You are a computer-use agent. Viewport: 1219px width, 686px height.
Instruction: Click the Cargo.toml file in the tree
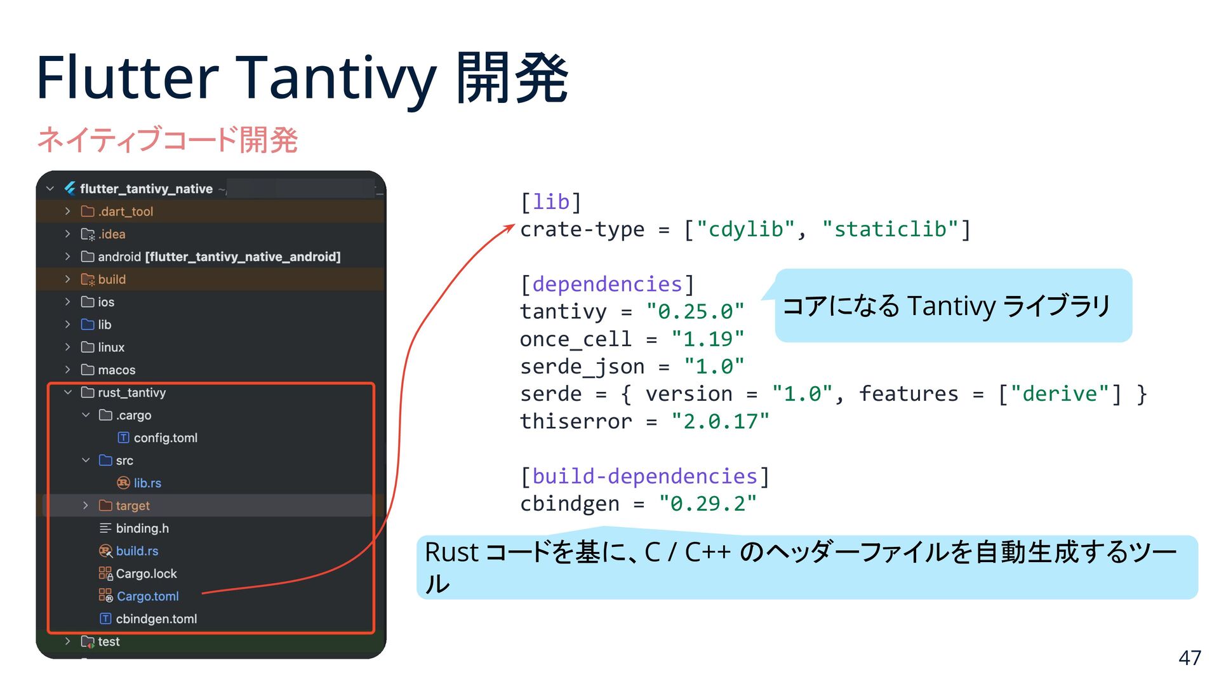[x=147, y=596]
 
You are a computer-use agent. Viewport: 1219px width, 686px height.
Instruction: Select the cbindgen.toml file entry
[x=156, y=619]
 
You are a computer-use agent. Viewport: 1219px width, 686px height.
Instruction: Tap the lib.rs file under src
[x=147, y=483]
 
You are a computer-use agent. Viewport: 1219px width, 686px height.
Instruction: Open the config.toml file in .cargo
[x=165, y=438]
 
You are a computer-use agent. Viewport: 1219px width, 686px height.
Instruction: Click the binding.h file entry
[x=142, y=528]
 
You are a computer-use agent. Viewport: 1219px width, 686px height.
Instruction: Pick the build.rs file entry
[x=137, y=551]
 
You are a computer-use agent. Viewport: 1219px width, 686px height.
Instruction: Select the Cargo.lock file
[x=146, y=574]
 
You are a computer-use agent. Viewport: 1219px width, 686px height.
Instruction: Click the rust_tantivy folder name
[x=131, y=393]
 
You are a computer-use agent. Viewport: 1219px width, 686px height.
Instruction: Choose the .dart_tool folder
[x=125, y=212]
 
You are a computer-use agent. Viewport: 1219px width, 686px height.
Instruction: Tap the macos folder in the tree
[x=116, y=370]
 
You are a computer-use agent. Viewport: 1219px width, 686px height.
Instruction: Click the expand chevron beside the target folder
[x=86, y=506]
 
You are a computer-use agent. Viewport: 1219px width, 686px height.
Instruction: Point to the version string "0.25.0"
[x=695, y=312]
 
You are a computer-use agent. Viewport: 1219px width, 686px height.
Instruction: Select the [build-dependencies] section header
[x=644, y=476]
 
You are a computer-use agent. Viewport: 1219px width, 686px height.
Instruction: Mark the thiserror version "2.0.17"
[x=720, y=421]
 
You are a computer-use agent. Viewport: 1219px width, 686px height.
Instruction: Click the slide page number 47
[x=1189, y=657]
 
